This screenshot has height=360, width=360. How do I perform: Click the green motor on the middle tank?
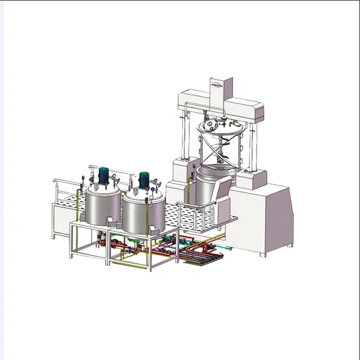pos(144,180)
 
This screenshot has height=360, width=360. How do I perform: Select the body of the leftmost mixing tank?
pos(102,207)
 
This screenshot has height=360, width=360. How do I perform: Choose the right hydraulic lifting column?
pos(247,145)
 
